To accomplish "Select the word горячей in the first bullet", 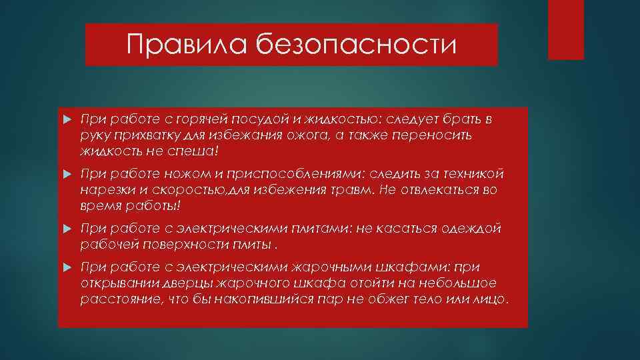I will (203, 119).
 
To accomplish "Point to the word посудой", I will (257, 119).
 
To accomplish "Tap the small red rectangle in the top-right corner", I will (565, 29).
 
